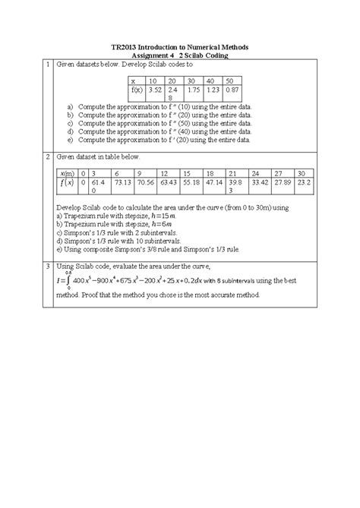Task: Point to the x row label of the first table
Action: (133, 80)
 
